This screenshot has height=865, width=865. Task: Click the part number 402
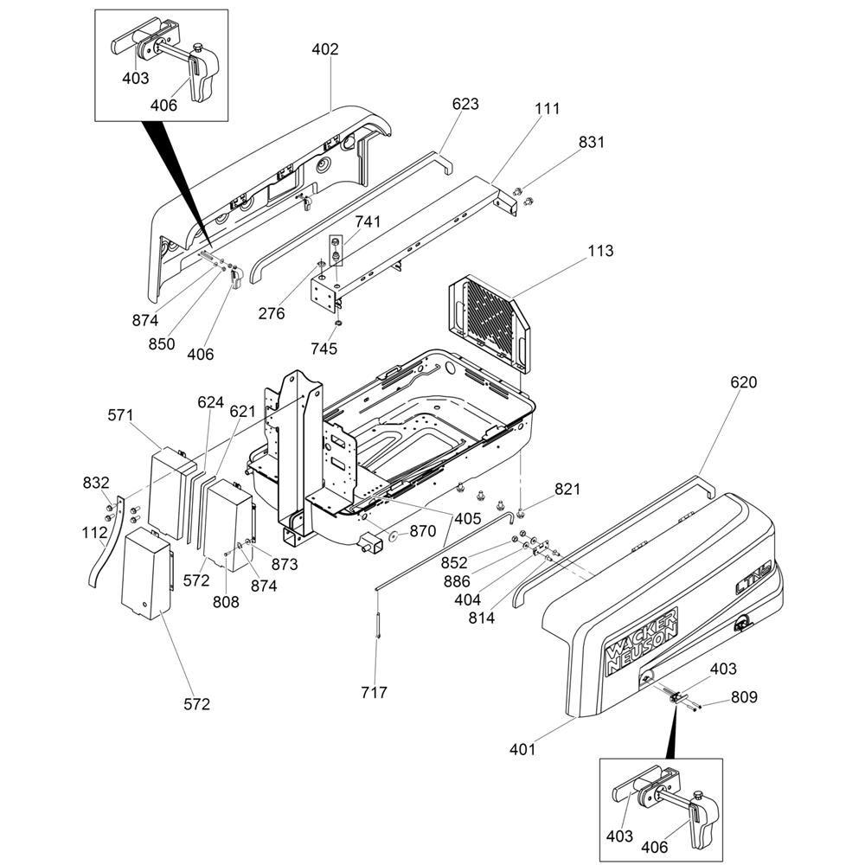pyautogui.click(x=325, y=49)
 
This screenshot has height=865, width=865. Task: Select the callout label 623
pyautogui.click(x=465, y=104)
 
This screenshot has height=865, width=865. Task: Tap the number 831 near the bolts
pyautogui.click(x=592, y=143)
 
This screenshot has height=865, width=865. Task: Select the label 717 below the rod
pyautogui.click(x=375, y=692)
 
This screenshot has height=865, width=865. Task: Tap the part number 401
pyautogui.click(x=522, y=749)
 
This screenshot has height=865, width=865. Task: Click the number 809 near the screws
pyautogui.click(x=745, y=696)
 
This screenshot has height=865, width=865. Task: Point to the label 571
pyautogui.click(x=121, y=414)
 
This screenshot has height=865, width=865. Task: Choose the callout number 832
pyautogui.click(x=96, y=482)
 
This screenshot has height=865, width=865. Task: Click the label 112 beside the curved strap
pyautogui.click(x=95, y=533)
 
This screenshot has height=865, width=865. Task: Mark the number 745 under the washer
pyautogui.click(x=325, y=349)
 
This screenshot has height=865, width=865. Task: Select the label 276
pyautogui.click(x=272, y=314)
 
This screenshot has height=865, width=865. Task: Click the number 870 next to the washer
pyautogui.click(x=423, y=532)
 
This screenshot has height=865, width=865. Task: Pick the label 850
pyautogui.click(x=161, y=343)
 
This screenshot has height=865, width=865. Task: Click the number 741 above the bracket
pyautogui.click(x=368, y=222)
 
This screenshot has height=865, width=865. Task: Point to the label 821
pyautogui.click(x=567, y=490)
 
